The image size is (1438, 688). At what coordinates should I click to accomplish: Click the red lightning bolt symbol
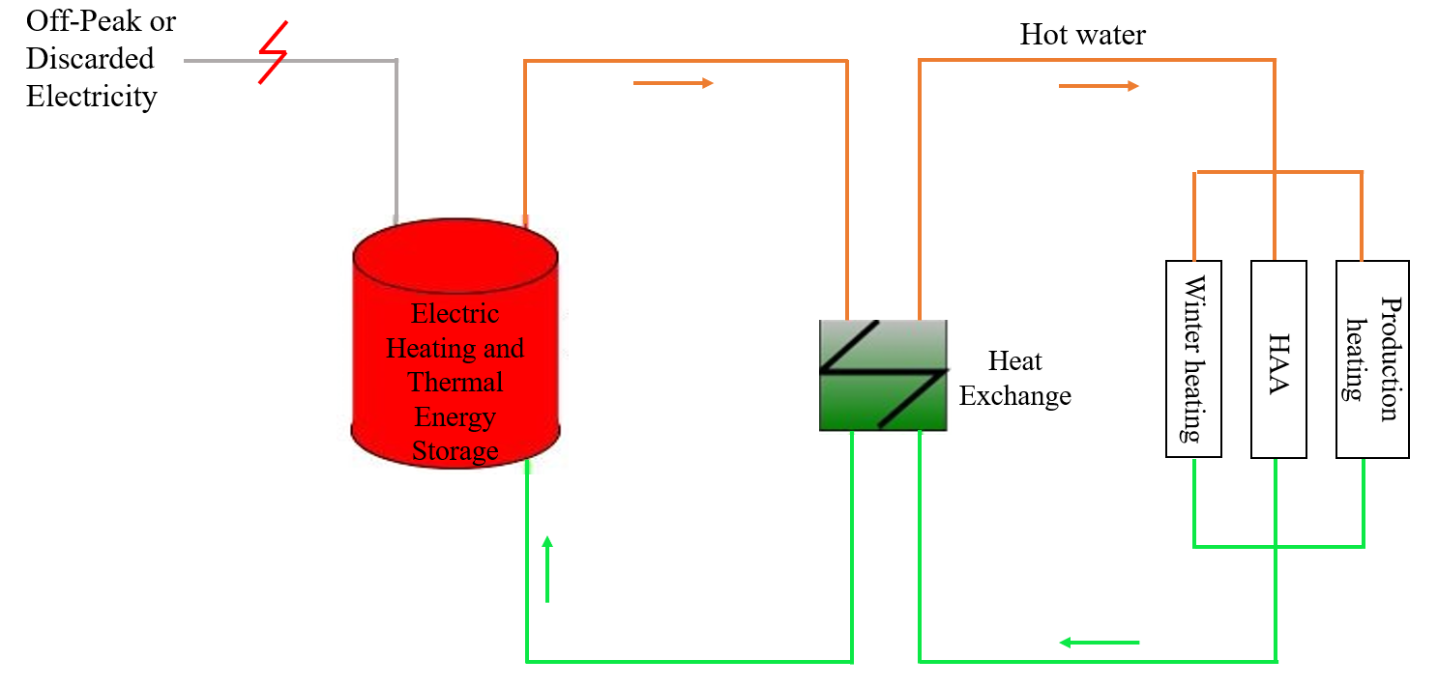click(x=273, y=58)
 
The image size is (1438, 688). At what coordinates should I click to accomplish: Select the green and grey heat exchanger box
click(x=882, y=375)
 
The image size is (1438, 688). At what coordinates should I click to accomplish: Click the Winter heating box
click(x=1194, y=358)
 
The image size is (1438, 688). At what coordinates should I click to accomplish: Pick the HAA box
click(x=1278, y=358)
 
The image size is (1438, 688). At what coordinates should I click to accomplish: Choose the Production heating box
click(x=1372, y=358)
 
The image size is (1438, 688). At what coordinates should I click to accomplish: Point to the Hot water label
click(x=1082, y=36)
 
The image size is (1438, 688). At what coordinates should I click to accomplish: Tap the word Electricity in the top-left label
click(x=91, y=97)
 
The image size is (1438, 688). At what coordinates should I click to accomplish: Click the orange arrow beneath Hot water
click(x=1099, y=86)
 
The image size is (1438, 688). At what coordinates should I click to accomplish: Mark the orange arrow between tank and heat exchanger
click(x=673, y=83)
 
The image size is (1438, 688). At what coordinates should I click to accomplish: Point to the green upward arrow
click(x=547, y=568)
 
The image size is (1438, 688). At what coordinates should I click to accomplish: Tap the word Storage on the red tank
click(x=455, y=451)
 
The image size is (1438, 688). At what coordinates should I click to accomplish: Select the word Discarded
click(x=90, y=59)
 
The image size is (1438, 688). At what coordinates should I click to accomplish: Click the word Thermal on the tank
click(x=455, y=383)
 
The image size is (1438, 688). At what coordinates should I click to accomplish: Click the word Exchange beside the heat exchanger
click(x=1014, y=396)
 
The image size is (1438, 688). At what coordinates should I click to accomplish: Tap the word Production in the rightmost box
click(x=1389, y=358)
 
